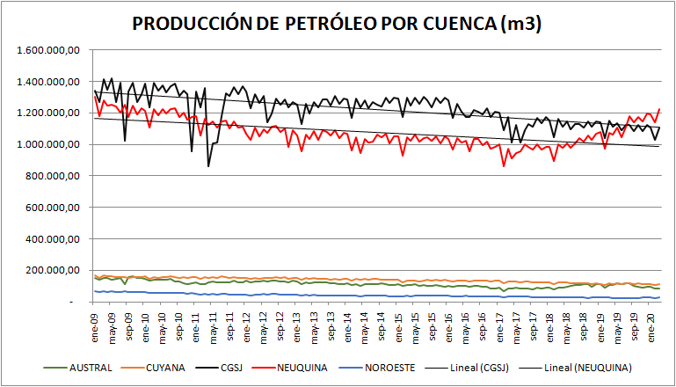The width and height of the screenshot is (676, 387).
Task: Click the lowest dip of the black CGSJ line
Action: tap(208, 165)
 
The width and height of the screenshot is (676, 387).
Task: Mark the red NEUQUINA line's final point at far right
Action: tap(659, 109)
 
